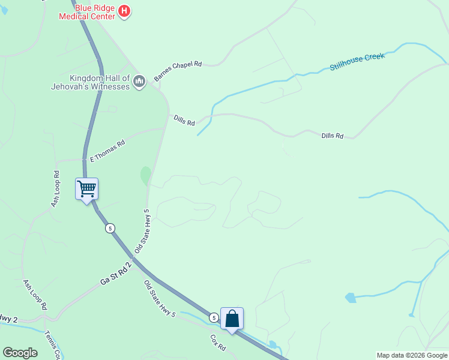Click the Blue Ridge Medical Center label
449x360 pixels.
(86, 13)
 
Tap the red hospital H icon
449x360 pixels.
(124, 11)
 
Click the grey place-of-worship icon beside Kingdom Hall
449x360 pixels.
(139, 80)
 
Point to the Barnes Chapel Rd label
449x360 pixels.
(178, 71)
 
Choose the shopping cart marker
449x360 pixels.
(86, 190)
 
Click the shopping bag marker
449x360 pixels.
(232, 319)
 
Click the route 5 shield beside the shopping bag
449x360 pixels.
(214, 317)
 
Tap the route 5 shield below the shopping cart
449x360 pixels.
(109, 228)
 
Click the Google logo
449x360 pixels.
(20, 353)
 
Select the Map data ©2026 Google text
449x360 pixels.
(412, 355)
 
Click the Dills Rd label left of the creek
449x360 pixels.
(184, 120)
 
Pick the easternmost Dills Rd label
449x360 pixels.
(332, 136)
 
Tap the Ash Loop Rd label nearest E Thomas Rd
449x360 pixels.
(56, 189)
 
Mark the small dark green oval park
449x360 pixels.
(145, 176)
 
